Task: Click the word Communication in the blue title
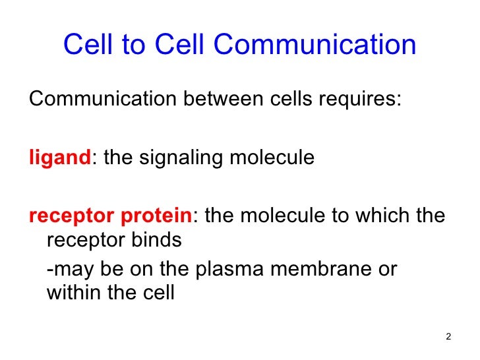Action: pyautogui.click(x=315, y=45)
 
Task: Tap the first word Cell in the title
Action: pyautogui.click(x=87, y=45)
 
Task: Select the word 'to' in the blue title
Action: pyautogui.click(x=135, y=45)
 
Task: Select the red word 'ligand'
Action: pyautogui.click(x=58, y=159)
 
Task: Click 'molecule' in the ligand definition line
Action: pyautogui.click(x=268, y=158)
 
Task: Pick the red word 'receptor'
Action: pyautogui.click(x=67, y=217)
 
